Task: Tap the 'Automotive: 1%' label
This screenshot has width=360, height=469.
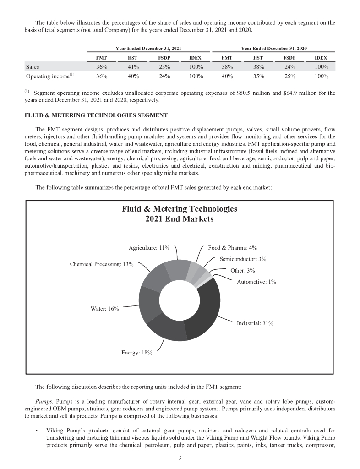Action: pyautogui.click(x=256, y=282)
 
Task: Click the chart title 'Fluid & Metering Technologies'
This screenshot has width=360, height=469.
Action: pyautogui.click(x=180, y=209)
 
